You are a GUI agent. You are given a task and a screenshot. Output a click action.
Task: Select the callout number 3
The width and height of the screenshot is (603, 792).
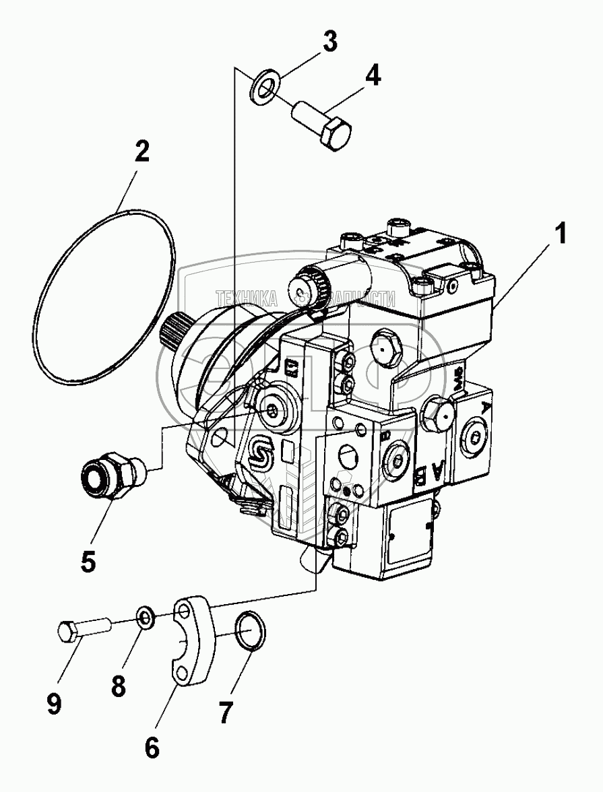(x=329, y=42)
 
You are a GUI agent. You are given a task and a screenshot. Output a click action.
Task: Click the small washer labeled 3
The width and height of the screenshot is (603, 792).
(x=265, y=89)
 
